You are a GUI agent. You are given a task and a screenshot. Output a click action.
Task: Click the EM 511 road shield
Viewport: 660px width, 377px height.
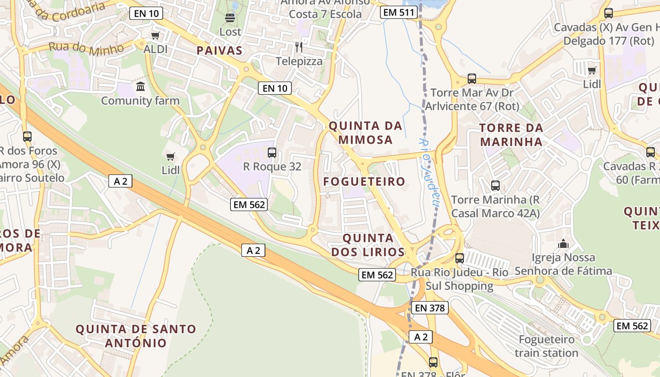coord(399,13)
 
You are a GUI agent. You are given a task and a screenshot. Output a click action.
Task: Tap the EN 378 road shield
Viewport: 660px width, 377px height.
coord(429,308)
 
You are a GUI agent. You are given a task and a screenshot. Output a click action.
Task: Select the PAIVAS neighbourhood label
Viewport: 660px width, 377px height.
coord(219,51)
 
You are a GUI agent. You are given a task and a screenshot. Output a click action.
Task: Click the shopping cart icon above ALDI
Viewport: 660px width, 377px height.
coord(155,36)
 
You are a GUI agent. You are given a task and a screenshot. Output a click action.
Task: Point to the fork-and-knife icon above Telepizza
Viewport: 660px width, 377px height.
coord(298,47)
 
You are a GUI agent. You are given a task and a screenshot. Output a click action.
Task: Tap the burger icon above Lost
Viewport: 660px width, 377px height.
coord(230,18)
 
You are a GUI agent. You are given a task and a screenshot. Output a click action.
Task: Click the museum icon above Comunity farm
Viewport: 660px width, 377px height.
coord(140,87)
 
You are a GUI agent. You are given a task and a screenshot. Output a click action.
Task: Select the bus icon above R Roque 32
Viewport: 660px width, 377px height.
coord(272,153)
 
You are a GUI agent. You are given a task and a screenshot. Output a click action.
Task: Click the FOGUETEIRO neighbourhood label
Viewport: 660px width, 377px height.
coord(364,181)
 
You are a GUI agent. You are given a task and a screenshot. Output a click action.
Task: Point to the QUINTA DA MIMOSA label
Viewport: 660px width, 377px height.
coord(365,132)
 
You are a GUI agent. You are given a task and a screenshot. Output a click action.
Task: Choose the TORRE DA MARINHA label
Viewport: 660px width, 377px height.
coord(511,134)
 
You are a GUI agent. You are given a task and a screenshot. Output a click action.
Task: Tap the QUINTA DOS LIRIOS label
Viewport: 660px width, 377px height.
coord(368,245)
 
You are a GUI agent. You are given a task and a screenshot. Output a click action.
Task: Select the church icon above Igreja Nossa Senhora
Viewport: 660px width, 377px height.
coord(563,244)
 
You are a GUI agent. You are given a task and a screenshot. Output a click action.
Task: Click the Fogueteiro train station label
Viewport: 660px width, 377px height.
coord(546,346)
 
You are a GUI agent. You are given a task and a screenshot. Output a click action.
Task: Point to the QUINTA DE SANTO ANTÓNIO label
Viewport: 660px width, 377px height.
coord(136,336)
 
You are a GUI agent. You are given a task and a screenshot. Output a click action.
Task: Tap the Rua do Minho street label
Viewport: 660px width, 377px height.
coord(86,48)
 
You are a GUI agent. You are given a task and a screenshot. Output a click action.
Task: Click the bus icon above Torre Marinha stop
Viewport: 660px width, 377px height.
coord(495,186)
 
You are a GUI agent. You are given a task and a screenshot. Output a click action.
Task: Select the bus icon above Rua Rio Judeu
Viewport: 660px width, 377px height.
coord(459,258)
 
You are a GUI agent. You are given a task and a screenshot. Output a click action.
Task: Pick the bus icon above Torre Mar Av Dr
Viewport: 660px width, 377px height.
coord(471,79)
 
